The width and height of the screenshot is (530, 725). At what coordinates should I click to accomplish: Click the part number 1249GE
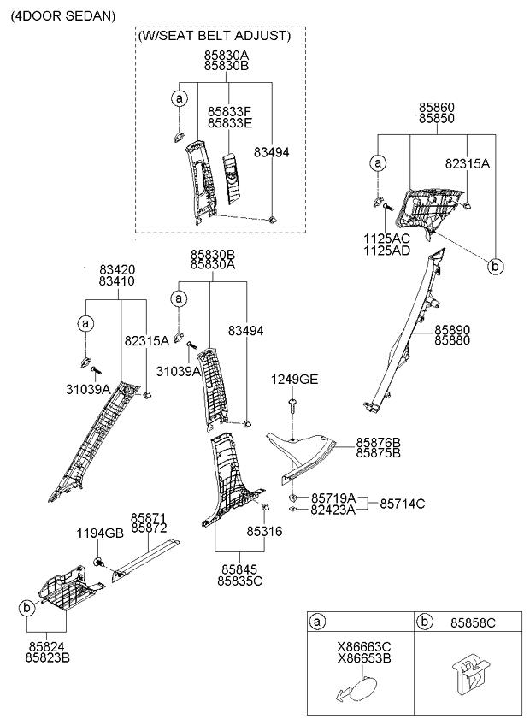pyautogui.click(x=295, y=380)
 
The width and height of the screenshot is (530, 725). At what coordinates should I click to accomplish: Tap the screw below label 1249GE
pyautogui.click(x=292, y=405)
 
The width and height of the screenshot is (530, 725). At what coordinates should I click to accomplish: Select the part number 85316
pyautogui.click(x=264, y=531)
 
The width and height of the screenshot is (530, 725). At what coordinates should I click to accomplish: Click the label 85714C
pyautogui.click(x=403, y=504)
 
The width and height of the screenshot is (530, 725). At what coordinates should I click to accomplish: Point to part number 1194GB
pyautogui.click(x=100, y=533)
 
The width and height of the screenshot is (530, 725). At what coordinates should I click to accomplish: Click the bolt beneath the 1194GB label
pyautogui.click(x=98, y=563)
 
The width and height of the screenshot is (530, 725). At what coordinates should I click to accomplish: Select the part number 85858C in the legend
pyautogui.click(x=473, y=623)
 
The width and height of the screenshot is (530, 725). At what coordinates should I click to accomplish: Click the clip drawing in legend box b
pyautogui.click(x=471, y=675)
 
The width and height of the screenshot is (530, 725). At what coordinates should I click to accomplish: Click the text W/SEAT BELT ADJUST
pyautogui.click(x=214, y=36)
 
